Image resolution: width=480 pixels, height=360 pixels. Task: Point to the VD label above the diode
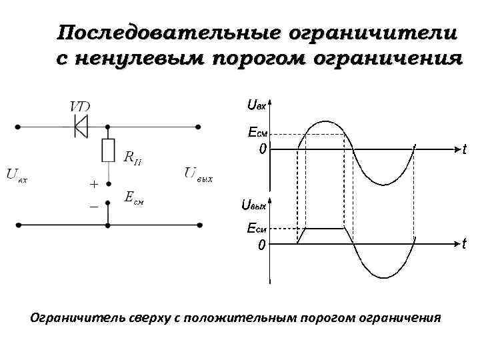(81, 107)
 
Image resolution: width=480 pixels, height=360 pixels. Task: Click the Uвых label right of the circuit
(199, 175)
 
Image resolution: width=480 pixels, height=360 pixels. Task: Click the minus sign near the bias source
(93, 208)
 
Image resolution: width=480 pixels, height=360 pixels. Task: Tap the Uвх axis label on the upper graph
(256, 104)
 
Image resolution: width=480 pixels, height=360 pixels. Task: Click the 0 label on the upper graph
(263, 149)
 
